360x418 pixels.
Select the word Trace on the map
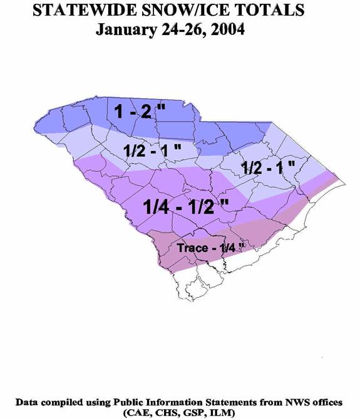pos(191,248)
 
